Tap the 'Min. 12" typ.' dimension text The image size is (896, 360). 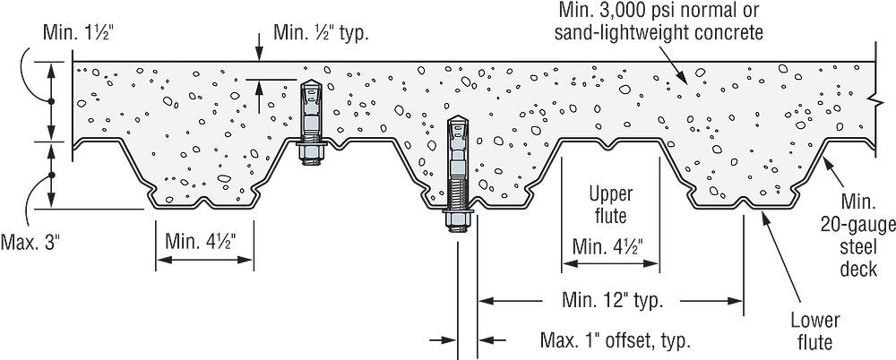point(613,300)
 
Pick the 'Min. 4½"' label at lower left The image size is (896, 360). point(205,243)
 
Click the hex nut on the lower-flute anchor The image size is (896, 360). point(458,221)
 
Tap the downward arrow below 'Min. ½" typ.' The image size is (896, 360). point(259,56)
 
